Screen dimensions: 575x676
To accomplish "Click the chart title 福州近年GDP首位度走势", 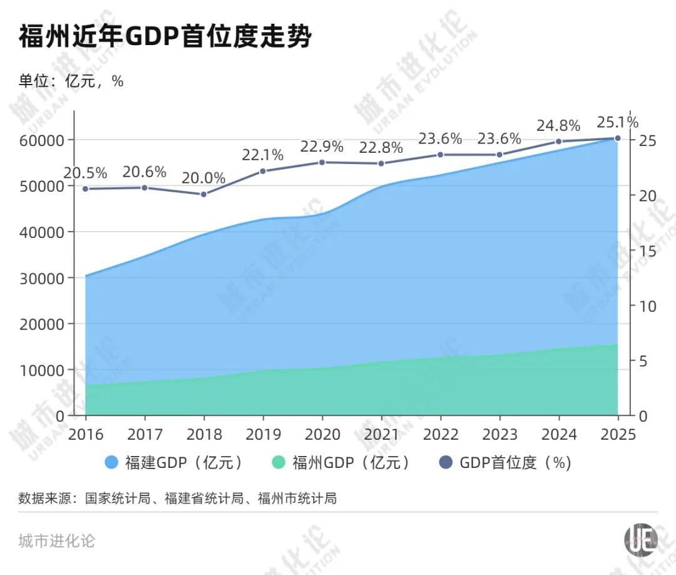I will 165,37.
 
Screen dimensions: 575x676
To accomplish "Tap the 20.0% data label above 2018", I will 203,178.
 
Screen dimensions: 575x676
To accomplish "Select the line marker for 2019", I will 263,171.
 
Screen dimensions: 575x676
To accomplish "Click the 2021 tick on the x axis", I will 381,435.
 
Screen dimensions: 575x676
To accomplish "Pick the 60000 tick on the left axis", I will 43,140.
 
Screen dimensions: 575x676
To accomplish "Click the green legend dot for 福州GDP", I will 279,463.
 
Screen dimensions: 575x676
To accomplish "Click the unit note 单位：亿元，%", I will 71,81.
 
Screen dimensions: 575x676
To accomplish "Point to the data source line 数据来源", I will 178,499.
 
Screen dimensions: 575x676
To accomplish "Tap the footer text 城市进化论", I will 57,541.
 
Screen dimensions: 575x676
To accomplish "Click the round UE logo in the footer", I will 640,539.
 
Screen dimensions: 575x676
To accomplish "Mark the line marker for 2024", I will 558,142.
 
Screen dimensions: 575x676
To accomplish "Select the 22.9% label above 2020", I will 322,147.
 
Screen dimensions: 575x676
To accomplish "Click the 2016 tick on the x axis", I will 86,435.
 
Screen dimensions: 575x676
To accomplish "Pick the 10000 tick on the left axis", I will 43,370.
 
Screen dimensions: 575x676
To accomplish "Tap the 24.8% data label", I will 558,125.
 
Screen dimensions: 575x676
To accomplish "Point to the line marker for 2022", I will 440,155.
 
